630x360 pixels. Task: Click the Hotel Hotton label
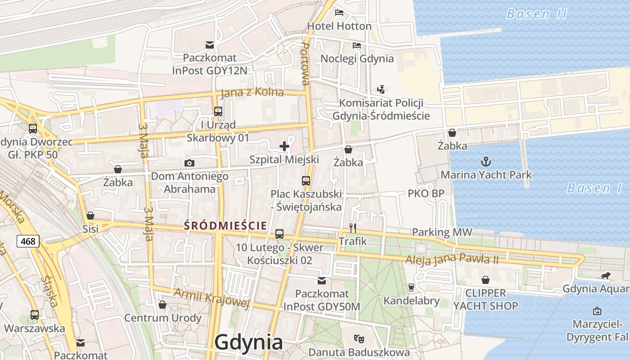click(339, 26)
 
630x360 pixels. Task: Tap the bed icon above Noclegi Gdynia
click(357, 45)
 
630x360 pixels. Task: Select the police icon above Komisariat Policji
click(381, 89)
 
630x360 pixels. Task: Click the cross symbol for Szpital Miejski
click(284, 146)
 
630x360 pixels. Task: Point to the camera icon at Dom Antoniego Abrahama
click(189, 163)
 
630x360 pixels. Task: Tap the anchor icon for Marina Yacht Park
click(486, 162)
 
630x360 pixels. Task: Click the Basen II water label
click(536, 14)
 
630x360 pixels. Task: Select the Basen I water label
click(594, 188)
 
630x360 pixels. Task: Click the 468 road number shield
click(28, 241)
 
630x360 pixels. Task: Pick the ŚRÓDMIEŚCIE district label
click(225, 225)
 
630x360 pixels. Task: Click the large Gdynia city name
click(249, 342)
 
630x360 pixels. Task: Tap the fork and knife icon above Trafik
click(353, 228)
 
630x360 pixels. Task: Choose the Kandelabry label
click(411, 300)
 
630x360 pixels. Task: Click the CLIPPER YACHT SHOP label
click(486, 300)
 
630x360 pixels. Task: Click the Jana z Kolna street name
click(252, 92)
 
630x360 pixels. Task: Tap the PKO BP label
click(426, 193)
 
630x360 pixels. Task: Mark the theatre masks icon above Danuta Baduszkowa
click(359, 337)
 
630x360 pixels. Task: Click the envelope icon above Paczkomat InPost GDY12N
click(210, 45)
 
